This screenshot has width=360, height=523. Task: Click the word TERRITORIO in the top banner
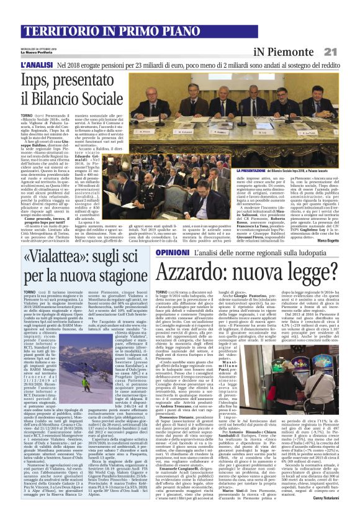(x=52, y=29)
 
